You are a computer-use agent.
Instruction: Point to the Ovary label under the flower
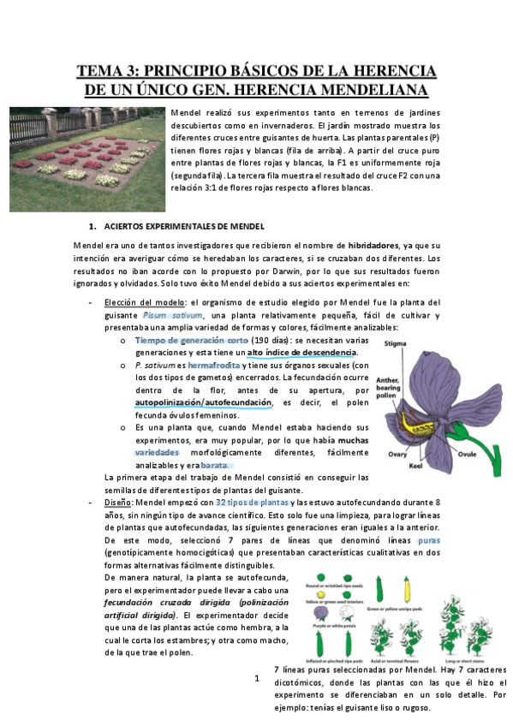click(x=399, y=455)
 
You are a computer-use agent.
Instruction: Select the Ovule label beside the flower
click(x=467, y=454)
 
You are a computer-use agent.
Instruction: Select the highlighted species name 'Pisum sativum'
click(x=179, y=314)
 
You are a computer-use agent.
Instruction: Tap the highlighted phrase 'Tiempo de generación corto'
click(x=190, y=340)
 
